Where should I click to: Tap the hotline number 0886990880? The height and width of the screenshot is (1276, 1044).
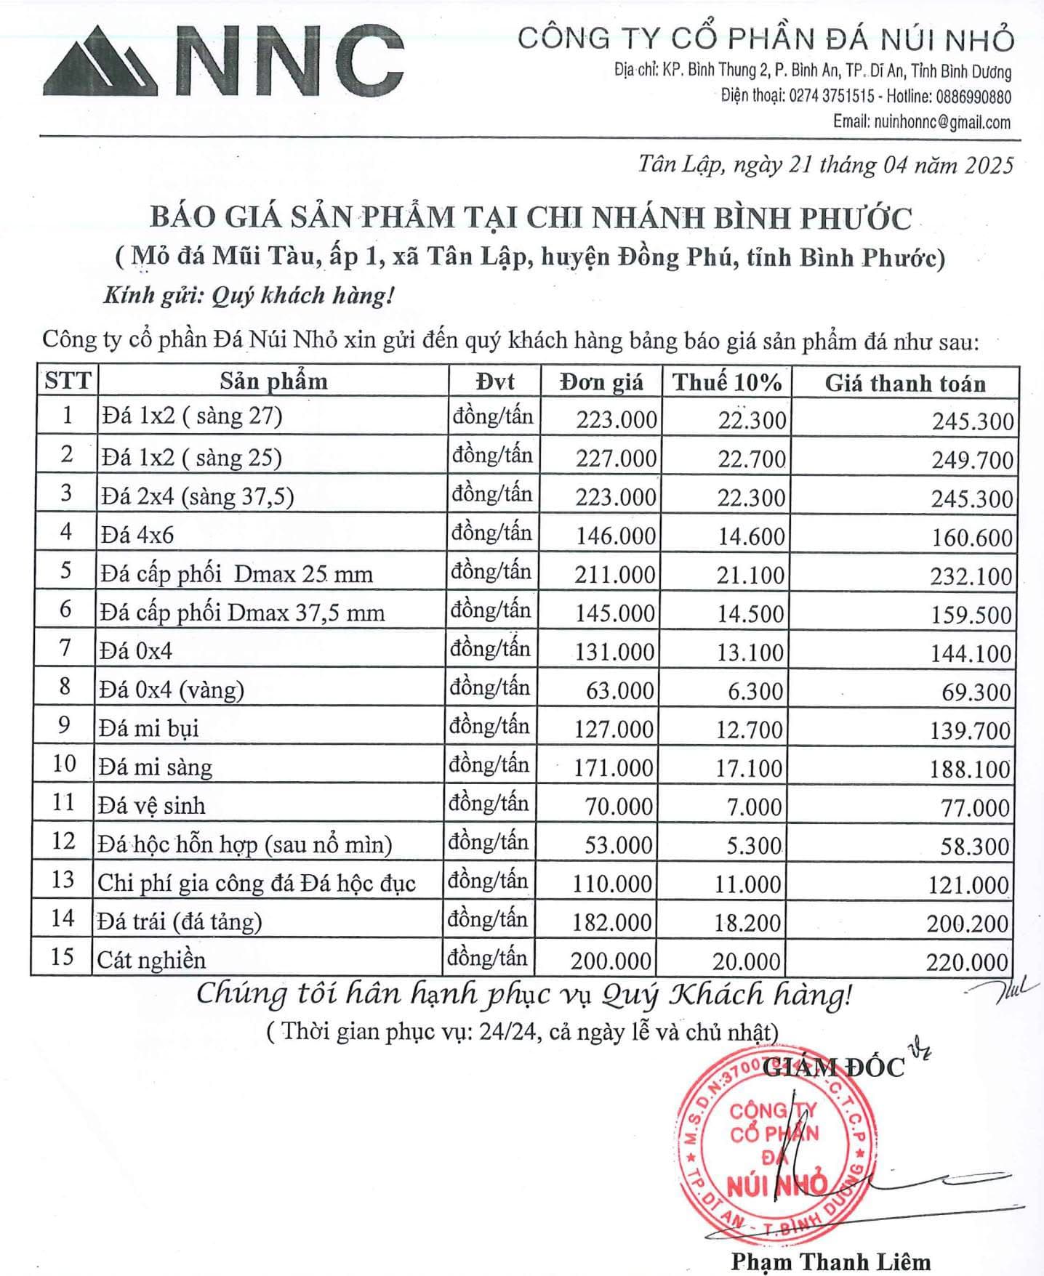[x=973, y=97]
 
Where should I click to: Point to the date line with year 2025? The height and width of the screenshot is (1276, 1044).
[x=825, y=165]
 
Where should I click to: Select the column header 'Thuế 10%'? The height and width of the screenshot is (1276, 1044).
[x=726, y=382]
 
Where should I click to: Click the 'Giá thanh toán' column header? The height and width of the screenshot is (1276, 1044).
[x=904, y=383]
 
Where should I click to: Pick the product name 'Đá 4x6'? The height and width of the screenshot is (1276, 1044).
[x=138, y=535]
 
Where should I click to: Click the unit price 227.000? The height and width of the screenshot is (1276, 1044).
[x=616, y=459]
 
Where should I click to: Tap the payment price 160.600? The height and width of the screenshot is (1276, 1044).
[x=972, y=538]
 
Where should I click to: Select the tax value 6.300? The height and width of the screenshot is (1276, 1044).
[x=755, y=691]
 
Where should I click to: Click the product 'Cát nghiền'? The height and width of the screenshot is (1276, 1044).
[x=152, y=960]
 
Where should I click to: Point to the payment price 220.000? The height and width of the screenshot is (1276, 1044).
[x=967, y=962]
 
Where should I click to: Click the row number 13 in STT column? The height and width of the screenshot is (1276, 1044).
[x=63, y=880]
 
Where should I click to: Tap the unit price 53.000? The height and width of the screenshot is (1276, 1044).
[x=618, y=845]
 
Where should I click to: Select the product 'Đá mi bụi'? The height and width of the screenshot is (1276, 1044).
[x=149, y=728]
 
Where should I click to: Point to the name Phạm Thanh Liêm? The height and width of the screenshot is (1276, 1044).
[x=830, y=1261]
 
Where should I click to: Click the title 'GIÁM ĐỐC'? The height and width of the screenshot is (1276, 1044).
[x=834, y=1067]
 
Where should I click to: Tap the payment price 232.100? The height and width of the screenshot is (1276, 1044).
[x=971, y=576]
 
